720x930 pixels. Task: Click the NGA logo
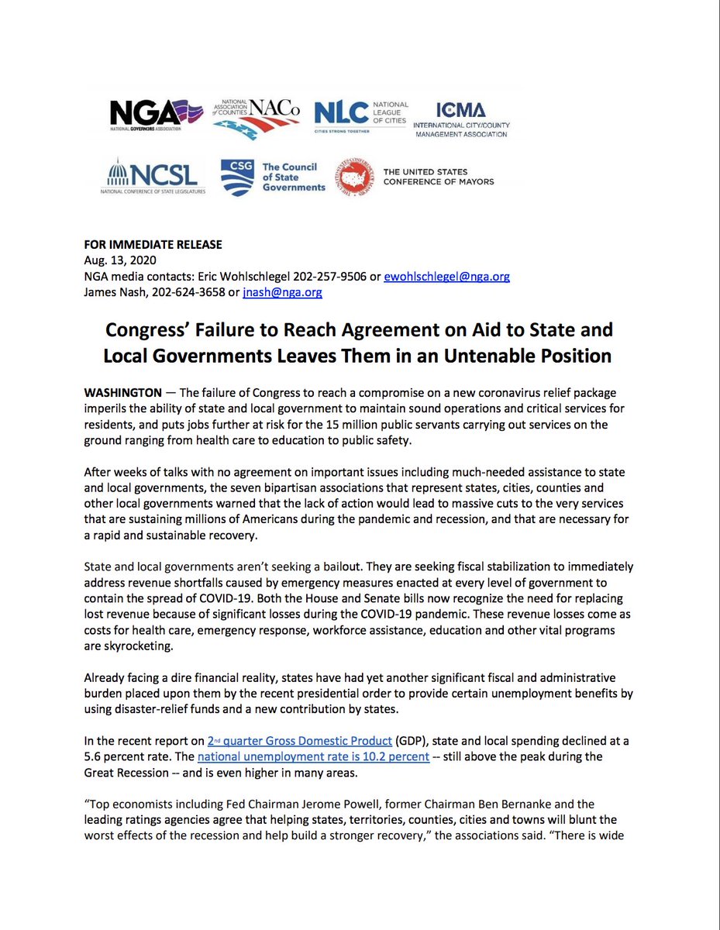[155, 114]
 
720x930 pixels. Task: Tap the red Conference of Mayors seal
[353, 177]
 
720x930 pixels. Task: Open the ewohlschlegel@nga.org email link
[446, 277]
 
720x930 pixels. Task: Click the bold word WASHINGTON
[122, 394]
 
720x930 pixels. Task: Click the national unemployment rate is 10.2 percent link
[314, 756]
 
